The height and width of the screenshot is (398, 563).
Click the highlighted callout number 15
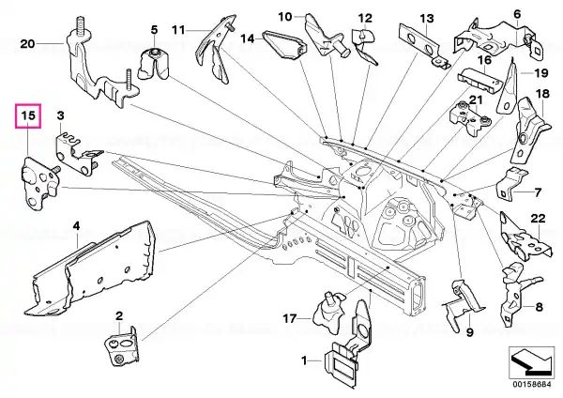click(28, 115)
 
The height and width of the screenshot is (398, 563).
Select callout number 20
click(27, 44)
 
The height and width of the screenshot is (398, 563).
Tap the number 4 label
click(76, 226)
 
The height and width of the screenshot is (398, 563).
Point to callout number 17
click(289, 318)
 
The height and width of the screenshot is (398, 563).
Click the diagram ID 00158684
click(531, 384)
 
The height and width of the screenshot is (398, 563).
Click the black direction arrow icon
click(531, 362)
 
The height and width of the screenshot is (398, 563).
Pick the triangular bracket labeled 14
click(284, 45)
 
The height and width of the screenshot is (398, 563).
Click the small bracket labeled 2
click(121, 346)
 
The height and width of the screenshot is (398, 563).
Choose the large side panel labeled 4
click(90, 268)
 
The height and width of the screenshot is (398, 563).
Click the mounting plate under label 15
click(38, 182)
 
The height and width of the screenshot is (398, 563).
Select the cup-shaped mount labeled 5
click(154, 63)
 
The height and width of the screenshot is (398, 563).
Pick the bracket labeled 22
click(524, 237)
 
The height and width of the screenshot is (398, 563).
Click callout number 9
click(470, 332)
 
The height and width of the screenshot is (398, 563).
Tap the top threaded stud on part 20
click(80, 25)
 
